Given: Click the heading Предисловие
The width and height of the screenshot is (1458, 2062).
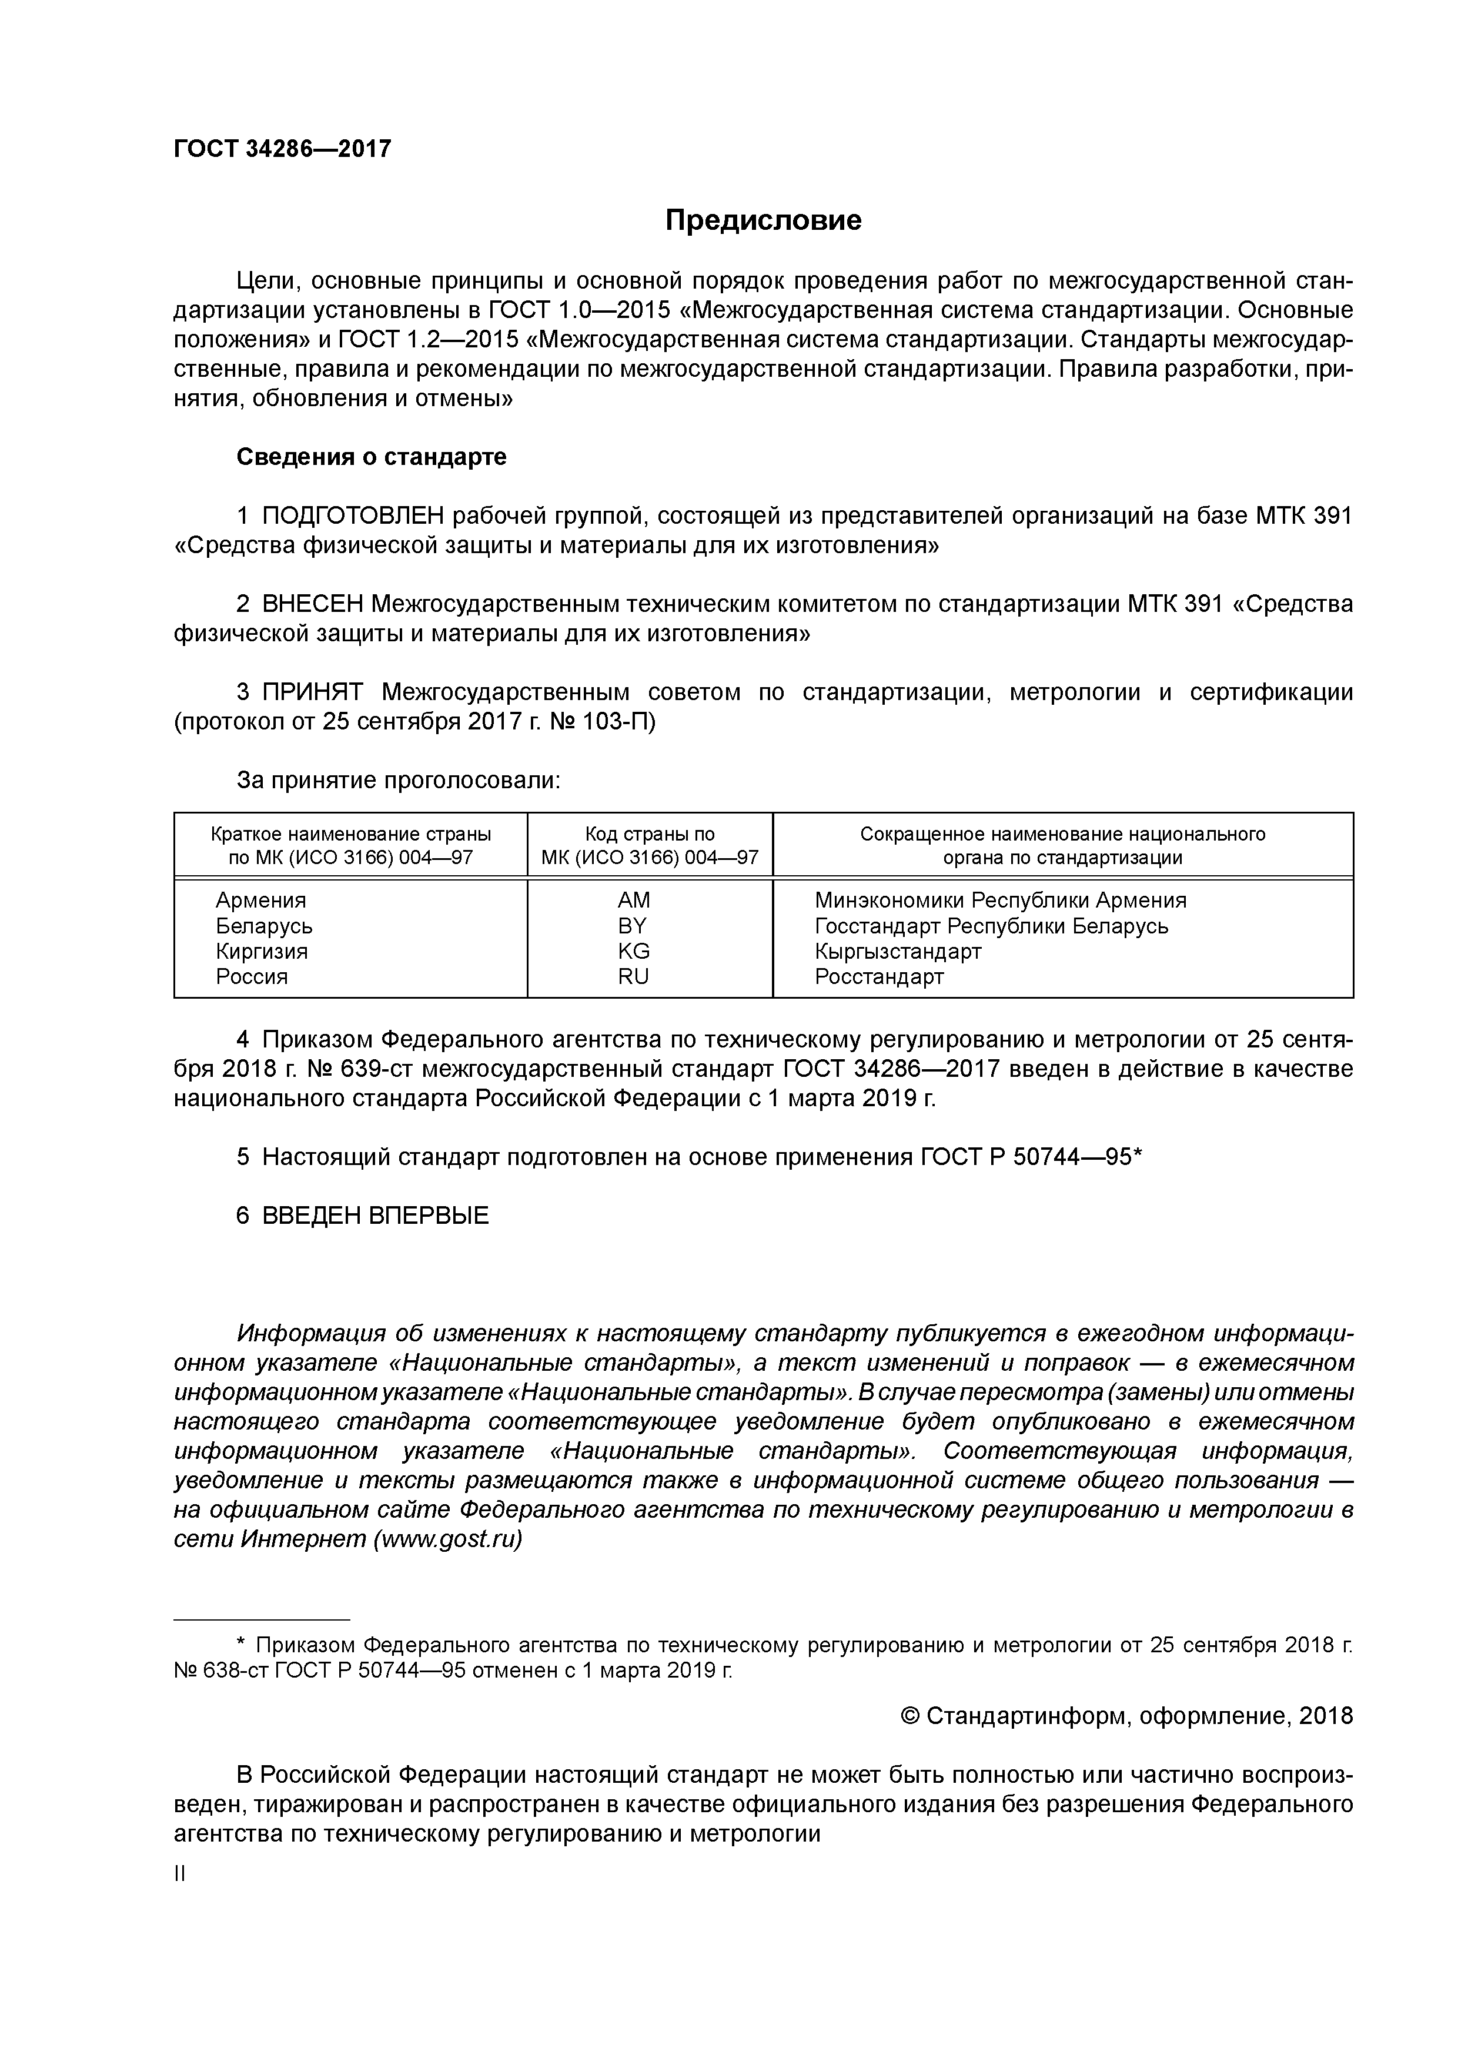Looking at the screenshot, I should (763, 220).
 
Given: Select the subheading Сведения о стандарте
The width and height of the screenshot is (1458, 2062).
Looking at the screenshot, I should (371, 457).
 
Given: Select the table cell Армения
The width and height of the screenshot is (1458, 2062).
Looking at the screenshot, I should (260, 900).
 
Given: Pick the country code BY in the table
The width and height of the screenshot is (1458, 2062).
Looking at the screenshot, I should (633, 925).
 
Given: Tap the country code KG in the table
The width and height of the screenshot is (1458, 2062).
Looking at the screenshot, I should (633, 951).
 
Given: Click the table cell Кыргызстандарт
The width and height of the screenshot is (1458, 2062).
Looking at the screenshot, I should (898, 951).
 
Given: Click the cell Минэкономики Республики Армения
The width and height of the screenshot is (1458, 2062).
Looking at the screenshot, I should (1000, 900).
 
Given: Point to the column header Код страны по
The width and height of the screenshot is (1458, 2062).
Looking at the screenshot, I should (650, 833).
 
